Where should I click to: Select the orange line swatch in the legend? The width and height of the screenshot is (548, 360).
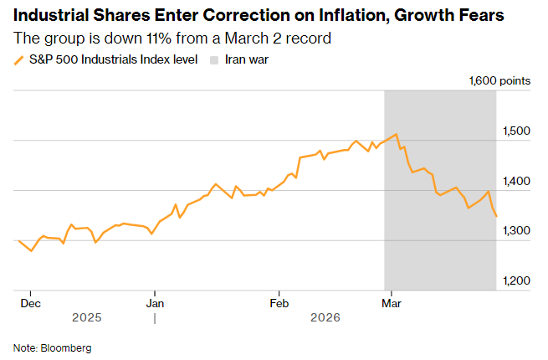click(18, 60)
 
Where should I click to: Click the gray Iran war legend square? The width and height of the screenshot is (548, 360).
click(215, 59)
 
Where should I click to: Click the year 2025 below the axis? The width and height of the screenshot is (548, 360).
click(86, 318)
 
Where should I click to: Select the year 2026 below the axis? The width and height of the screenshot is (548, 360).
click(326, 318)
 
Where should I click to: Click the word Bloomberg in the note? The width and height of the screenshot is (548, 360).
click(65, 347)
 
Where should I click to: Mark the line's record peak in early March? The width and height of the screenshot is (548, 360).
click(396, 134)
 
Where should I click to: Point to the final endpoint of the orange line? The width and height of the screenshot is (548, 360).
click(497, 217)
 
